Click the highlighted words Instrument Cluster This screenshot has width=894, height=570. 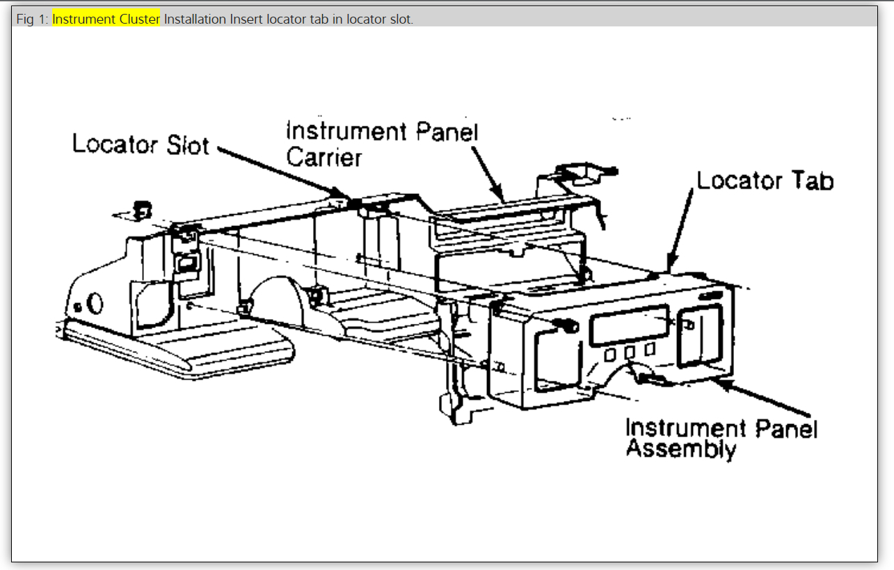(x=106, y=19)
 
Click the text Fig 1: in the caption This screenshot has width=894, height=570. (x=33, y=19)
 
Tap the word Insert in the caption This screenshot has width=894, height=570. (x=246, y=19)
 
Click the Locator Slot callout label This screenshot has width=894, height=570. (x=141, y=144)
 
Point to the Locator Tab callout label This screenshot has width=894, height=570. (x=765, y=181)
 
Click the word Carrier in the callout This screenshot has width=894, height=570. (x=324, y=157)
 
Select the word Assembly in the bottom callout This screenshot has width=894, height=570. (x=680, y=448)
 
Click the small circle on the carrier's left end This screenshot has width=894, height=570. (x=95, y=302)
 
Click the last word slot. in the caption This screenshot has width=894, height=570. (x=401, y=19)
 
